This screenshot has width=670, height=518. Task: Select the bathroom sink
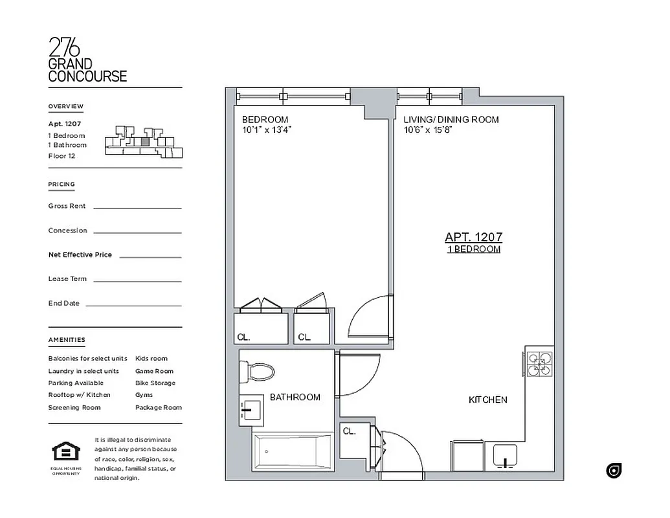pyautogui.click(x=251, y=409)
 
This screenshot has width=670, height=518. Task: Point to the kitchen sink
pyautogui.click(x=507, y=456)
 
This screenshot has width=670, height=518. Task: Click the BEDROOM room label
pyautogui.click(x=265, y=120)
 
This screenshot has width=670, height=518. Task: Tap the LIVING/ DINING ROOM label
pyautogui.click(x=451, y=120)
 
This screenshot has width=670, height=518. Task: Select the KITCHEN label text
pyautogui.click(x=487, y=400)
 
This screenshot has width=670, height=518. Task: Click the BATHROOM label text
pyautogui.click(x=295, y=397)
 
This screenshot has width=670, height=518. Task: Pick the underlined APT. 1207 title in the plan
pyautogui.click(x=473, y=238)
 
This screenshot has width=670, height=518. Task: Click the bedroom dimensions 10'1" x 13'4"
pyautogui.click(x=267, y=129)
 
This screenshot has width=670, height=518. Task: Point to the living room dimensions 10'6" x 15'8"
pyautogui.click(x=427, y=129)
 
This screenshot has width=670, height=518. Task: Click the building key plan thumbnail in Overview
pyautogui.click(x=144, y=142)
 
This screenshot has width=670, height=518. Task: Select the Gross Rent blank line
pyautogui.click(x=137, y=208)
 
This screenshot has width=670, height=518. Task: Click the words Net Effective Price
pyautogui.click(x=80, y=254)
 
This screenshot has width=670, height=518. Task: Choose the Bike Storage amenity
pyautogui.click(x=155, y=383)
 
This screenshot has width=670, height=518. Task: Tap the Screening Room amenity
pyautogui.click(x=74, y=407)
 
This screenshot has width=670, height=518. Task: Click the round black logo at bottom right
pyautogui.click(x=614, y=471)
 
